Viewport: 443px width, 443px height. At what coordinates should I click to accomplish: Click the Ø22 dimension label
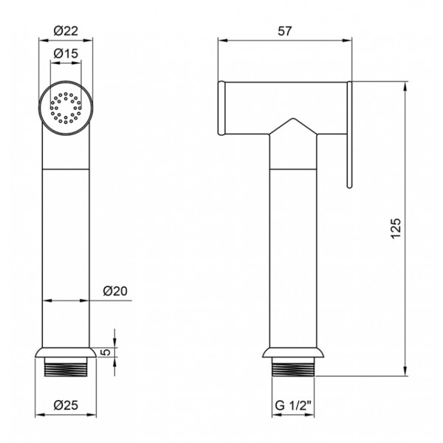tap(66, 31)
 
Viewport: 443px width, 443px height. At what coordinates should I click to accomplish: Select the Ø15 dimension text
tap(66, 53)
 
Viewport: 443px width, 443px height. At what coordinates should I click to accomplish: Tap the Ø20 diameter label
tap(115, 291)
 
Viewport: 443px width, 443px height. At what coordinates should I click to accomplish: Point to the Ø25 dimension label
tap(66, 405)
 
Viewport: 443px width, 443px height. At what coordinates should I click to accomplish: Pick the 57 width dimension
tap(284, 31)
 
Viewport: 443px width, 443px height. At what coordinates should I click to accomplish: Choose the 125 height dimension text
tap(396, 228)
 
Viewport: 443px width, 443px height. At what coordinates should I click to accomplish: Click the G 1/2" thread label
tap(293, 405)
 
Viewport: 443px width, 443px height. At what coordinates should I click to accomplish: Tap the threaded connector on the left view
tap(66, 367)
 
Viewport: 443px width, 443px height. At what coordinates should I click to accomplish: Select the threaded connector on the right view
tap(293, 367)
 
